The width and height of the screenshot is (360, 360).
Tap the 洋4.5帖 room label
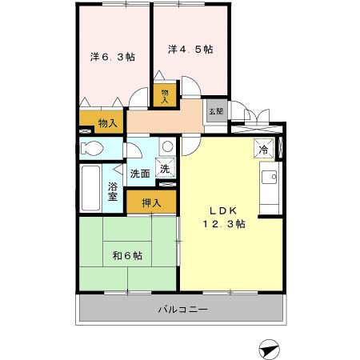pos(190,50)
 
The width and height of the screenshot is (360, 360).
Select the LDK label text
pos(222,210)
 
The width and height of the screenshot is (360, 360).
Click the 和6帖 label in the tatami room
pos(127,256)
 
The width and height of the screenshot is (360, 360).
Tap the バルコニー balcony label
pos(182,309)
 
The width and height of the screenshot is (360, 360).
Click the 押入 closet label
pos(152,203)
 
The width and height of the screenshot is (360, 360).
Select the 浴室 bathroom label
pos(113,192)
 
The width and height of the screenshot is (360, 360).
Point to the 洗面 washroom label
pos(141,171)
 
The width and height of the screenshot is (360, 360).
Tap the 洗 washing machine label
pos(164,169)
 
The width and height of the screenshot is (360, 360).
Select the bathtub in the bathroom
pos(90,189)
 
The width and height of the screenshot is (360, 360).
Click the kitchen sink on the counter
pos(270,177)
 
